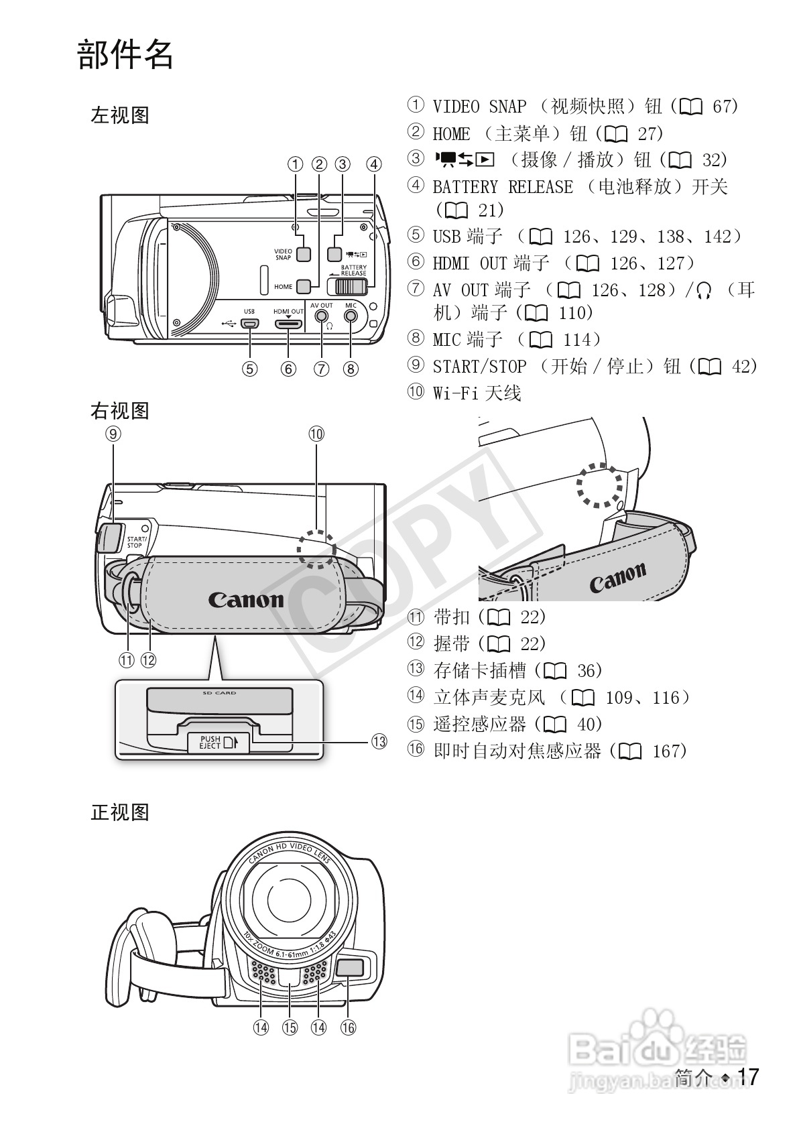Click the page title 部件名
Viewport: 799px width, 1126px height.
[125, 55]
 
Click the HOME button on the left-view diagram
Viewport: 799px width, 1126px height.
[304, 286]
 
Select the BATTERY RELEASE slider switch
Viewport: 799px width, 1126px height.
[347, 286]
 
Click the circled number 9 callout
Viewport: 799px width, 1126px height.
[113, 434]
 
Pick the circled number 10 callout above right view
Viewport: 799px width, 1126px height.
[316, 434]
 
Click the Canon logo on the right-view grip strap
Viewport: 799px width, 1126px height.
[245, 599]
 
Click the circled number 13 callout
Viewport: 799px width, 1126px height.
[379, 741]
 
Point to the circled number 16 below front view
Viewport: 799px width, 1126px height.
[348, 1027]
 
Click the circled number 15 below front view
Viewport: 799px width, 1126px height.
[290, 1027]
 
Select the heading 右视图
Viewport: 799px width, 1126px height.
[120, 411]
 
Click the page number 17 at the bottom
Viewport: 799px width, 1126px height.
[748, 1077]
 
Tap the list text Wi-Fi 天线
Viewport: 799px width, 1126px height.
[477, 393]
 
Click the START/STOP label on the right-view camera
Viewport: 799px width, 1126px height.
[135, 542]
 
